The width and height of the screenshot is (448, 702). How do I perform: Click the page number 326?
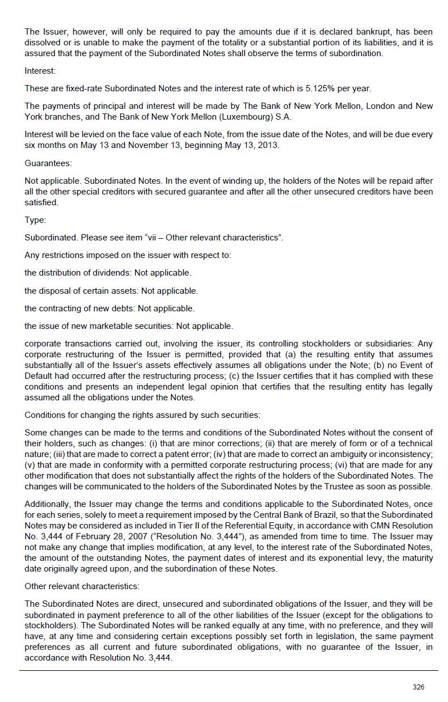coord(418,687)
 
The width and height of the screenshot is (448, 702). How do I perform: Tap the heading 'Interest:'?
coord(40,71)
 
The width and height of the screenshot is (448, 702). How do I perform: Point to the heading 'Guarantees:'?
coord(48,163)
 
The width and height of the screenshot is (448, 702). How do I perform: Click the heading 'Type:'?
coord(35,220)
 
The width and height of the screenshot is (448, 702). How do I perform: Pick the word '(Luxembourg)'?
coord(237,117)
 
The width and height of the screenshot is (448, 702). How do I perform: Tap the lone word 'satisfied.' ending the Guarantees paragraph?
coord(41,202)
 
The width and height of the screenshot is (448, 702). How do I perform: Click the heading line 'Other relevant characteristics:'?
coord(82,586)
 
